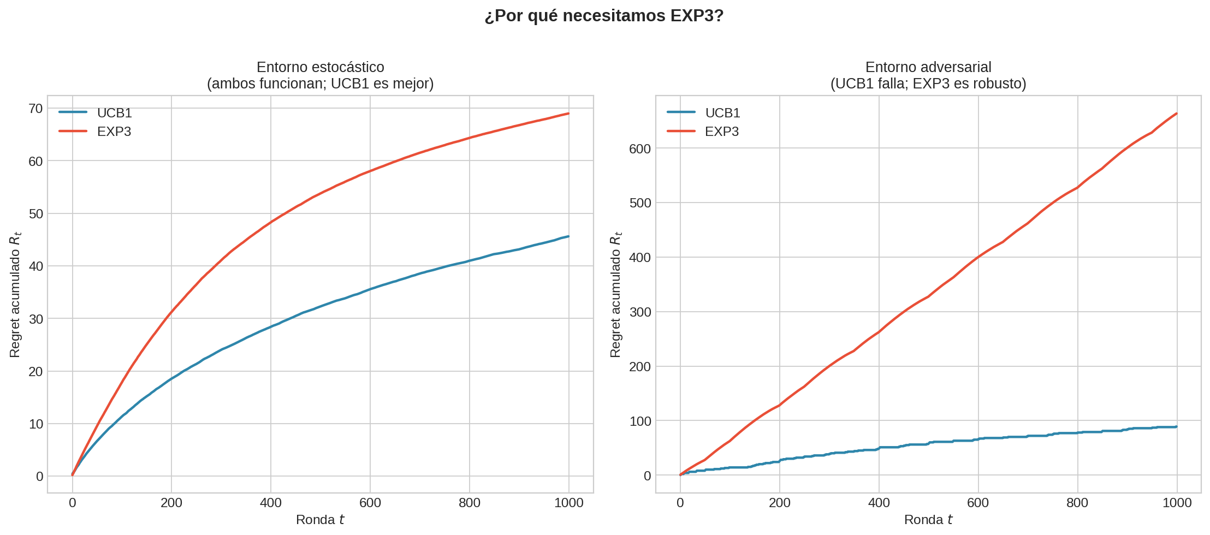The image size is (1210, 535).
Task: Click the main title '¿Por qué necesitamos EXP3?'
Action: click(604, 16)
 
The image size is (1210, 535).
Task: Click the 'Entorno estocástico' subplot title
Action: click(320, 67)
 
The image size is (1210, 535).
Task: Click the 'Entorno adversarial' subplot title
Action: click(928, 67)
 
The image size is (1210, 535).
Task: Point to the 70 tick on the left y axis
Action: click(35, 109)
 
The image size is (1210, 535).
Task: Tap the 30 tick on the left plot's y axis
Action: click(35, 319)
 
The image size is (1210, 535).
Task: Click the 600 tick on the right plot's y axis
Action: click(640, 149)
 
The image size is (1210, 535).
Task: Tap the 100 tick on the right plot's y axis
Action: click(640, 421)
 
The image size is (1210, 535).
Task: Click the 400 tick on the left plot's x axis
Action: click(271, 503)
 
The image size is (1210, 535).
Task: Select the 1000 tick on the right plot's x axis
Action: click(1177, 503)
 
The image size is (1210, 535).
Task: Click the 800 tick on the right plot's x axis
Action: click(1077, 503)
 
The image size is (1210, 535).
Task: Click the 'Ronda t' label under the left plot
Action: click(320, 520)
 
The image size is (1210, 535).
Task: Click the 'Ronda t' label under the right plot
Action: click(928, 520)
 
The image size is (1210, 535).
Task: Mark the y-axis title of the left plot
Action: click(15, 295)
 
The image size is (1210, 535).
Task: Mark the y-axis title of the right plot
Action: click(615, 295)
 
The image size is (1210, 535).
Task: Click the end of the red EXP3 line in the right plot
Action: click(1176, 114)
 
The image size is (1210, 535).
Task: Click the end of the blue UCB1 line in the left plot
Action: click(568, 236)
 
